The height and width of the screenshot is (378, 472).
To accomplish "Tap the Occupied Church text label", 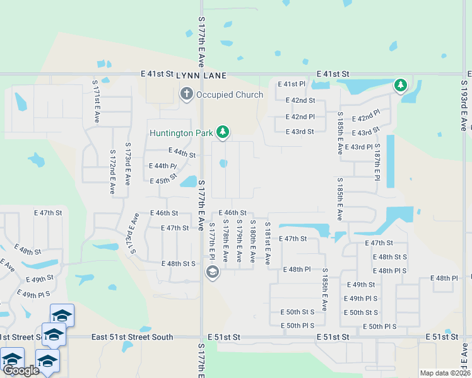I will (x=230, y=95).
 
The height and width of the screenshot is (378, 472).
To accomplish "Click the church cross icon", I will (x=186, y=94).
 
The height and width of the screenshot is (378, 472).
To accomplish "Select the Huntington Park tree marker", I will (x=222, y=132).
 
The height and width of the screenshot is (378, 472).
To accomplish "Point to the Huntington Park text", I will (x=182, y=132).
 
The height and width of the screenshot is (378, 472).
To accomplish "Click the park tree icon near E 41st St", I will (x=400, y=84).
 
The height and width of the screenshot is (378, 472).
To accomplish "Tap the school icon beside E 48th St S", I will (x=213, y=272).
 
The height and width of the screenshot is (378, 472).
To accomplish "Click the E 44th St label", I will (x=182, y=152).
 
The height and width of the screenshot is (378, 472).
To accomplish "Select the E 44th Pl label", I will (x=162, y=166).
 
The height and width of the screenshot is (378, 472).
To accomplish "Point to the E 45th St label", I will (x=163, y=180).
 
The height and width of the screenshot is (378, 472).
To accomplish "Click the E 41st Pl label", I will (x=291, y=84).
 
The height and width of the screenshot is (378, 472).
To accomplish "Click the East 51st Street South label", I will (x=132, y=337).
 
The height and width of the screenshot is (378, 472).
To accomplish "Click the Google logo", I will (x=21, y=370).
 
